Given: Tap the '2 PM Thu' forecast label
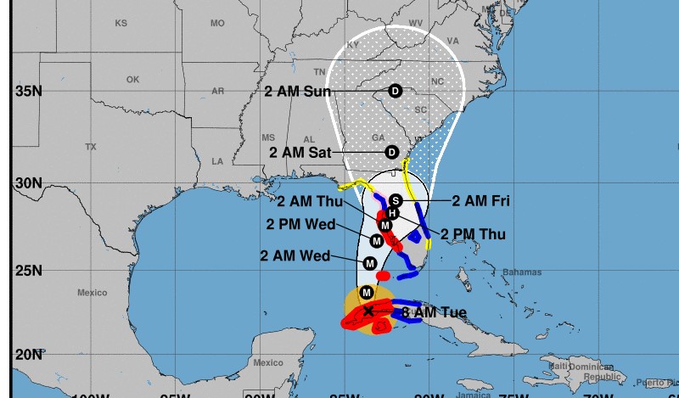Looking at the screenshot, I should click(x=473, y=234).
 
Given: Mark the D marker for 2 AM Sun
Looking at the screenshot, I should click(x=395, y=91).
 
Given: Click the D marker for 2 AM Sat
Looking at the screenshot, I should click(x=392, y=152).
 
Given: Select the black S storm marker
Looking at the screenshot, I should click(x=395, y=199).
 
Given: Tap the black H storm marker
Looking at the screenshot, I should click(x=392, y=213).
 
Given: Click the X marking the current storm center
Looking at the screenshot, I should click(x=368, y=311).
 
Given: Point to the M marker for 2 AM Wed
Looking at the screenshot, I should click(x=370, y=264).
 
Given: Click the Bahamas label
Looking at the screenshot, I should click(x=521, y=272).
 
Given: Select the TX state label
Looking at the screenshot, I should click(x=91, y=147).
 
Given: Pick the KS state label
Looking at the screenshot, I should click(x=121, y=22).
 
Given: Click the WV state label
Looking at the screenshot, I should click(x=417, y=22).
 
